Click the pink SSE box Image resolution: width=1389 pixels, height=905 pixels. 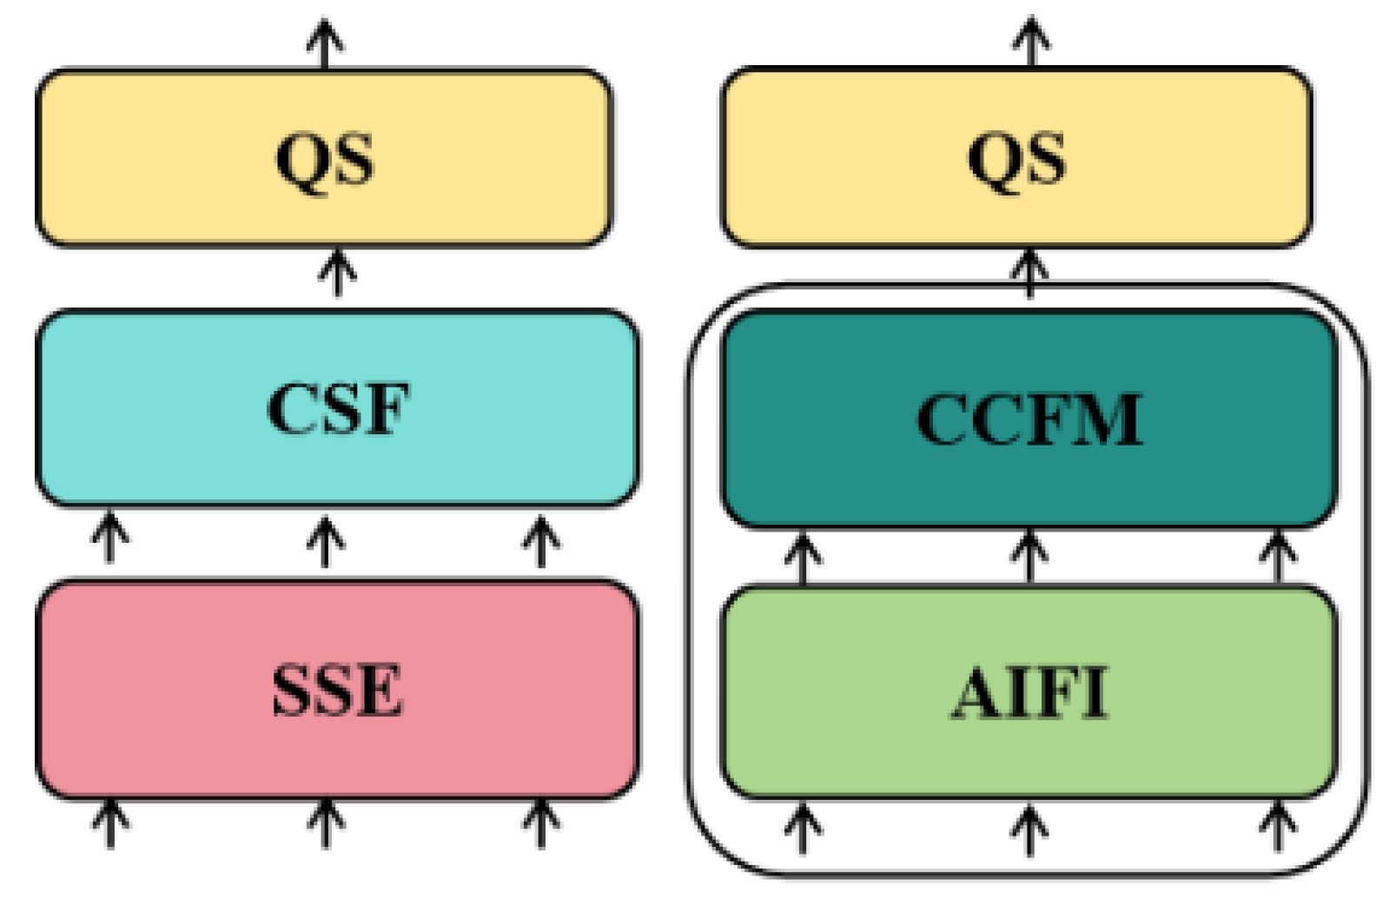[337, 738]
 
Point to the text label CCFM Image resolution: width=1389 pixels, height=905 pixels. [1029, 419]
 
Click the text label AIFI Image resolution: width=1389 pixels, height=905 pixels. [1029, 693]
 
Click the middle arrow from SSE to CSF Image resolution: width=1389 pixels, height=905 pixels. [325, 540]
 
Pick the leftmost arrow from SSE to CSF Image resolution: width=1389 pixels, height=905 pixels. [109, 538]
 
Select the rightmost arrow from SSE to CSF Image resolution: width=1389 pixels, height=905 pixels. [540, 540]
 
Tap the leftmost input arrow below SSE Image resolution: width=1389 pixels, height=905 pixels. [109, 822]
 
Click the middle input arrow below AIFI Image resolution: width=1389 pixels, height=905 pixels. [1029, 829]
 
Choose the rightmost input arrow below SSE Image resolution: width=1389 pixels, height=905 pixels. [540, 822]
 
